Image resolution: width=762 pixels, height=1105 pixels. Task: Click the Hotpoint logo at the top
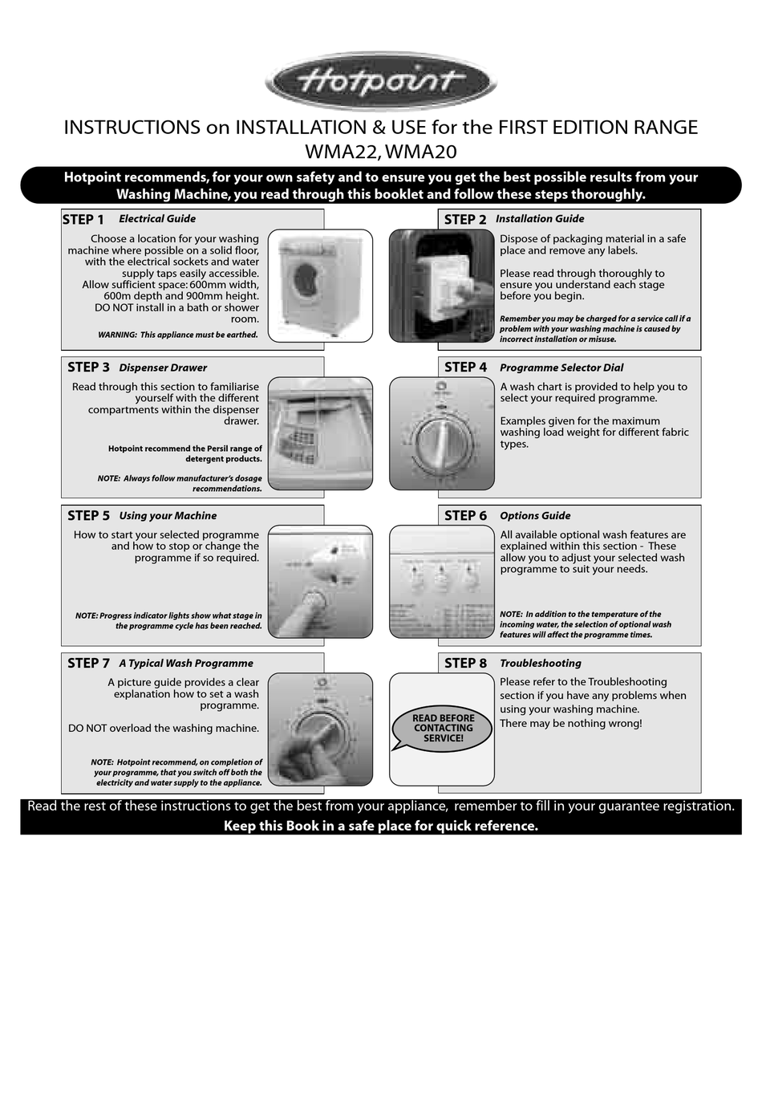tap(381, 81)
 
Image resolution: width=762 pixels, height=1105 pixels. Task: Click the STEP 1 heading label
tap(83, 220)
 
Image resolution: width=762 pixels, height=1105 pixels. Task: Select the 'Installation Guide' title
tap(540, 219)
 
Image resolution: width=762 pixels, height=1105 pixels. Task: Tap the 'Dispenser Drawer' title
tap(163, 368)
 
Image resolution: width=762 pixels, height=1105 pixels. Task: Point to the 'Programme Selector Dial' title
tap(561, 368)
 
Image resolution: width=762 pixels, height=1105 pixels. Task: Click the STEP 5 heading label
tap(88, 516)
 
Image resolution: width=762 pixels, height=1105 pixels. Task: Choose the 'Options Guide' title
tap(535, 516)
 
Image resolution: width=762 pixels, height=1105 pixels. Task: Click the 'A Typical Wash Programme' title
tap(186, 664)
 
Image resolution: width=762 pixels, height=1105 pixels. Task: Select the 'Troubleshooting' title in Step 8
tap(541, 664)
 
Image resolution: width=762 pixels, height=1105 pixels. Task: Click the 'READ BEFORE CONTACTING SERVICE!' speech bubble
tap(443, 729)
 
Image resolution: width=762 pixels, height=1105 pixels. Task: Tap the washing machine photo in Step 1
tap(320, 286)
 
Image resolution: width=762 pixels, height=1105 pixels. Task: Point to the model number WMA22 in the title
tap(341, 152)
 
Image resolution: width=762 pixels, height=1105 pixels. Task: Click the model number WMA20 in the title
tap(421, 152)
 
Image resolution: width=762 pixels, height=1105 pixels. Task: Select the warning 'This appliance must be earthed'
tap(178, 335)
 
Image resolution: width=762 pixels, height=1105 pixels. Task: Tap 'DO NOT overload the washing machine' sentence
tap(164, 729)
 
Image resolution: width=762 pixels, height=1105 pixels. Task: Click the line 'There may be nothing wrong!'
tap(570, 724)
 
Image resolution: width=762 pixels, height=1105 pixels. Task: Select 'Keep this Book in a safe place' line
tap(381, 826)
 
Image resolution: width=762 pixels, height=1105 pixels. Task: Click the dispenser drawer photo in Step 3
tap(320, 433)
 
